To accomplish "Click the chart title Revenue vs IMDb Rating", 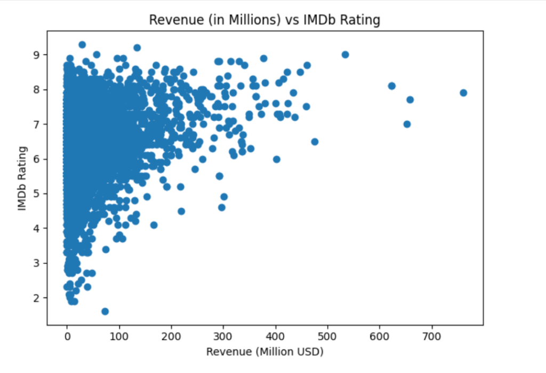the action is click(x=264, y=20).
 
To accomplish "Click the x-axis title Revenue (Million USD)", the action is click(x=264, y=352).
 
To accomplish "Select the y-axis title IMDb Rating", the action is click(x=22, y=178).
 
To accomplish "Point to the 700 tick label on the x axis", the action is click(x=432, y=337).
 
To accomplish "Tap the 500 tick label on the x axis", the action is click(x=328, y=337).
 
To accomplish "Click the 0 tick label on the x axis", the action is click(x=67, y=337).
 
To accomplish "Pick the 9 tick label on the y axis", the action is click(x=37, y=55).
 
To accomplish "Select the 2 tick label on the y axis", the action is click(x=37, y=298).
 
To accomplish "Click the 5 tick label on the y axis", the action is click(x=37, y=193).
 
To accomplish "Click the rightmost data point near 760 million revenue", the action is click(x=463, y=93).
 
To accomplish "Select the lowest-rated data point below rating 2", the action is click(x=105, y=311).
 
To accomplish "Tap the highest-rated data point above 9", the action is click(x=82, y=45).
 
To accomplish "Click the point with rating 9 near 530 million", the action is click(x=345, y=55).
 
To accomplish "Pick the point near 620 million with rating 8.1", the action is click(x=392, y=86).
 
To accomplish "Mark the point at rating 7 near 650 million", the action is click(x=407, y=124).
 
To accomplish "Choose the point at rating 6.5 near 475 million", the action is click(x=315, y=142).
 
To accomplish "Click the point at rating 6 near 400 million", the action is click(x=277, y=159).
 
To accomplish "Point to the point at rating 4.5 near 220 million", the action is click(x=181, y=211).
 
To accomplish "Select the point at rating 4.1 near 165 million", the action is click(x=154, y=225).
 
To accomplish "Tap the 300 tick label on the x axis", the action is click(x=223, y=337).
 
